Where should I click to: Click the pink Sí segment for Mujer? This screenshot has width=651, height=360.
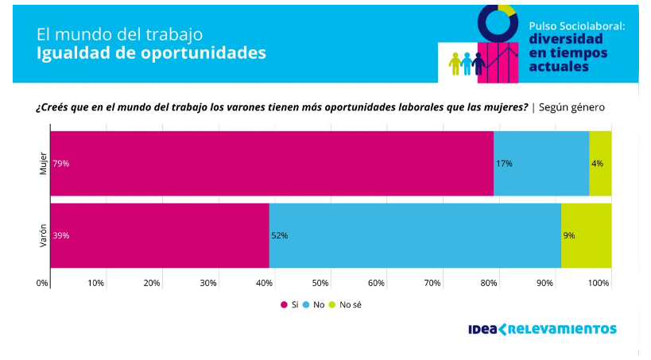[x=271, y=163]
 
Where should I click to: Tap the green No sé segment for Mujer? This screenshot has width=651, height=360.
[x=600, y=163]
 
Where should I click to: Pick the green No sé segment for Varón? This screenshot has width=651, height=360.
[x=586, y=235]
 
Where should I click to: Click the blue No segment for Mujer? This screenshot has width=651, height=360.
[x=541, y=163]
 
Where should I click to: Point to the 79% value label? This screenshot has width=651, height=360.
[x=61, y=164]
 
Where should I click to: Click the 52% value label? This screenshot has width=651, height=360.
[x=280, y=236]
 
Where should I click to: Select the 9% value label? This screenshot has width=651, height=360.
[x=569, y=236]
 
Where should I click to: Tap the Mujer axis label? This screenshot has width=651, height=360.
[x=44, y=163]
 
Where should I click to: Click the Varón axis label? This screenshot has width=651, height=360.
[x=44, y=235]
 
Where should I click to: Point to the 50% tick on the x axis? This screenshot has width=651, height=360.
[x=320, y=283]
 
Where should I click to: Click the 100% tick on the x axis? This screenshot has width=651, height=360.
[x=599, y=283]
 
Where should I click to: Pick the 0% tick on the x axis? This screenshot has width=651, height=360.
[x=42, y=283]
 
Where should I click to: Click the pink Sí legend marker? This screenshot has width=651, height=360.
[x=283, y=304]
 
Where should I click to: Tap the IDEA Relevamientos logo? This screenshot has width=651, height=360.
[x=542, y=328]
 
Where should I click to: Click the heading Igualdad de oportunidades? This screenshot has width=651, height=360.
[x=151, y=53]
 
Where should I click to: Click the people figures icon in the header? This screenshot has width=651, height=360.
[x=467, y=64]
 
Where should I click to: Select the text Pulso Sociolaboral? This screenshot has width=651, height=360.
[x=577, y=26]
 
